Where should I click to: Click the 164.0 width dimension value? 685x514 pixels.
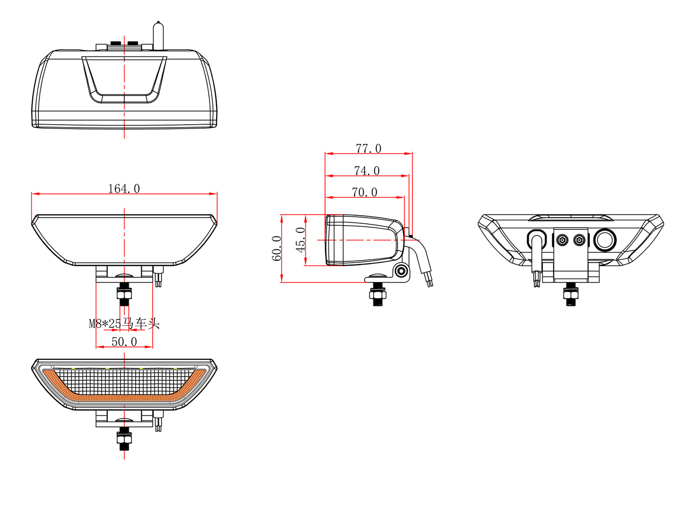coord(124,189)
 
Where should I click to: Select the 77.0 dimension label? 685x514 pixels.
coord(368,148)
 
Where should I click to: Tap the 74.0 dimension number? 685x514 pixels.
coord(366,171)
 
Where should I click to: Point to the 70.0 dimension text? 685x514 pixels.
coord(365,192)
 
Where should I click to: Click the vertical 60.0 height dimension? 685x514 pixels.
coord(276,248)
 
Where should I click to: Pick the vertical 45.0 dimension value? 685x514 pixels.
coord(301,239)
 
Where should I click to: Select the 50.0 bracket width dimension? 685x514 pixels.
coord(124,341)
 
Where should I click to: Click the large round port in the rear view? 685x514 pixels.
coord(605,239)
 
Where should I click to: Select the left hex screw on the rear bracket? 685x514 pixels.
coord(562,240)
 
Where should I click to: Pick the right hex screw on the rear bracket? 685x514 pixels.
coord(579,240)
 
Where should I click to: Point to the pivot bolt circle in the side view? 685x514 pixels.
coord(402,271)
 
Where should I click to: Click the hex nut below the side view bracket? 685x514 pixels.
coord(377,297)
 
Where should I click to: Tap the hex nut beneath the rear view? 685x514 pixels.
coord(571,297)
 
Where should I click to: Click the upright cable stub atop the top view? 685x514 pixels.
coord(158,36)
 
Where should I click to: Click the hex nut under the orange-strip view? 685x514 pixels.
coord(124,441)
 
